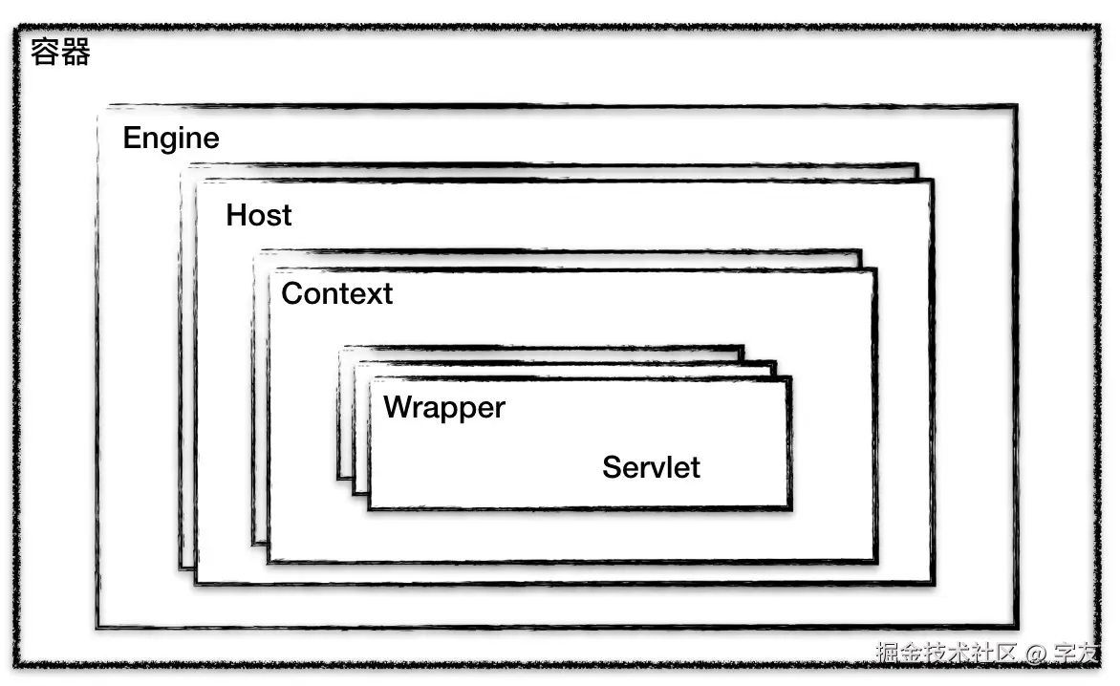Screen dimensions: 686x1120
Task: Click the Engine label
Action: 171,139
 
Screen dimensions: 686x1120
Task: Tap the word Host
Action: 259,215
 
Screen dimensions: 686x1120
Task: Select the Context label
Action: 336,293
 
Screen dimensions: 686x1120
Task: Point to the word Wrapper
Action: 444,408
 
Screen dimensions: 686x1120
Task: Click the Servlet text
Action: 651,467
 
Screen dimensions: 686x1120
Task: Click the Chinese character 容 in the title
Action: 45,52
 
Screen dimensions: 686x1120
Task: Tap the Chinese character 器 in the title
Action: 75,52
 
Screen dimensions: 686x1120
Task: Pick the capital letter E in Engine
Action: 132,139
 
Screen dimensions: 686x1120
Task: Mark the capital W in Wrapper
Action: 396,408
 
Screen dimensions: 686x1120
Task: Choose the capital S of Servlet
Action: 611,467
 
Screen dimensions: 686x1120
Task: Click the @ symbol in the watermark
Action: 1037,654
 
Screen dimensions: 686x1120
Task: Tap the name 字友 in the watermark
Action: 1076,654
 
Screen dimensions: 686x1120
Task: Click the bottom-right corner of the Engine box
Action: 1016,628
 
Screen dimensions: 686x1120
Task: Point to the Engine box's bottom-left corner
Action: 97,628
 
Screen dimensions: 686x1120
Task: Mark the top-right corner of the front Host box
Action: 932,181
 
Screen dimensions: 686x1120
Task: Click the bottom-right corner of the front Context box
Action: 875,561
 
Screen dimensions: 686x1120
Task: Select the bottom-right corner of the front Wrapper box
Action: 790,508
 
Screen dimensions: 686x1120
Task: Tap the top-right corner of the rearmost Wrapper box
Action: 743,347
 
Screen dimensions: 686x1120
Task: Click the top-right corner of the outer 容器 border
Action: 1099,30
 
